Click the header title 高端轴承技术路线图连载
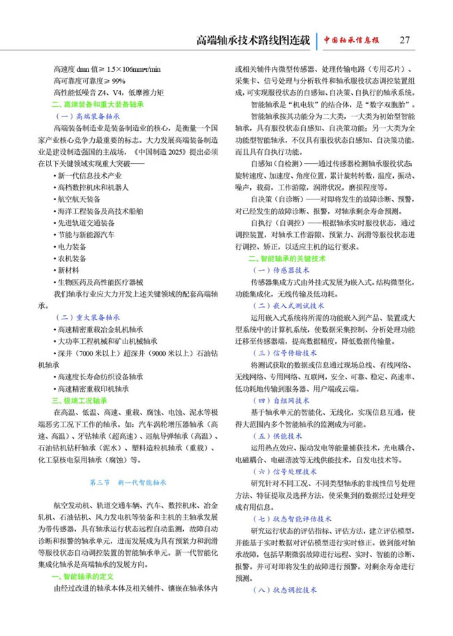[x=253, y=40]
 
